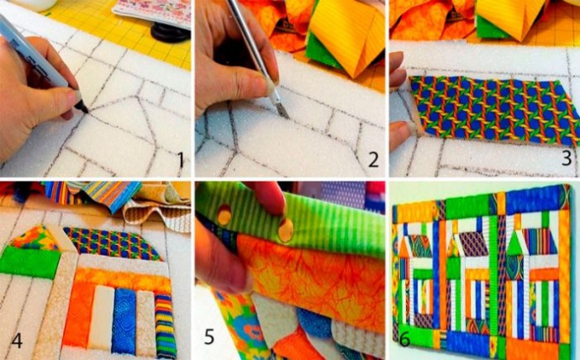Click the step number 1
pyautogui.click(x=181, y=160)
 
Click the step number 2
pyautogui.click(x=373, y=160)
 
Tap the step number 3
pyautogui.click(x=567, y=157)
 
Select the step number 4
pyautogui.click(x=17, y=340)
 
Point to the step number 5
pyautogui.click(x=209, y=336)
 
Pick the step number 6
pyautogui.click(x=404, y=338)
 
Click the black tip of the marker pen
pyautogui.click(x=82, y=107)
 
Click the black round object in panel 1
pyautogui.click(x=171, y=32)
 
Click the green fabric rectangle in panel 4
pyautogui.click(x=29, y=263)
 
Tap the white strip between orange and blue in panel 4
pyautogui.click(x=102, y=316)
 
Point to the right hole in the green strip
pyautogui.click(x=286, y=230)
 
